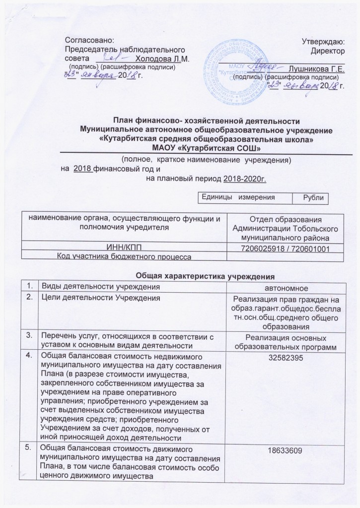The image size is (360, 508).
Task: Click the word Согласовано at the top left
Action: pos(90,39)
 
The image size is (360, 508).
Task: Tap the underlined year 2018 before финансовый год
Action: pos(82,169)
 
